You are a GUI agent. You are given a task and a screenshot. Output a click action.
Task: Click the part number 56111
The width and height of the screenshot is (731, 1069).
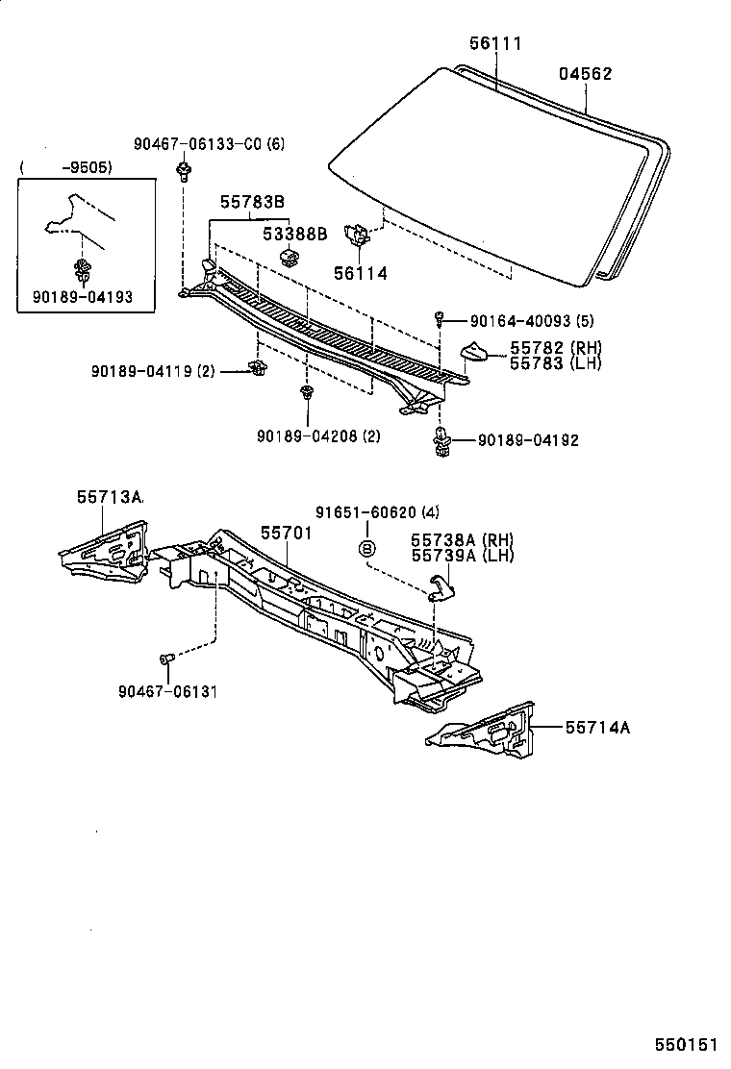pyautogui.click(x=496, y=44)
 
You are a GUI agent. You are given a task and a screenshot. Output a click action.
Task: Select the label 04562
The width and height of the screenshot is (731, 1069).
pyautogui.click(x=586, y=74)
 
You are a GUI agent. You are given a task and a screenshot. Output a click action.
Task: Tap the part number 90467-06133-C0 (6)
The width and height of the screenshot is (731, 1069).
pyautogui.click(x=210, y=143)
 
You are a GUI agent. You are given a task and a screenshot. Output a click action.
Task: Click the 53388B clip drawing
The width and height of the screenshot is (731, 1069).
pyautogui.click(x=288, y=256)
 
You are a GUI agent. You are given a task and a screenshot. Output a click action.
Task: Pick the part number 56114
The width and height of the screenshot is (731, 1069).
pyautogui.click(x=360, y=274)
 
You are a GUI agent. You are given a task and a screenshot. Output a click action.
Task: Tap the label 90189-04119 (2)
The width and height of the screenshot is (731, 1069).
pyautogui.click(x=154, y=370)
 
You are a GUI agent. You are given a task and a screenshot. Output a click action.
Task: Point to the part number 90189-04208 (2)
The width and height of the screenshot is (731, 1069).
pyautogui.click(x=318, y=435)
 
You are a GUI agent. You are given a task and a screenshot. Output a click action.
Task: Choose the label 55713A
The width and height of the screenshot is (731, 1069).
pyautogui.click(x=110, y=497)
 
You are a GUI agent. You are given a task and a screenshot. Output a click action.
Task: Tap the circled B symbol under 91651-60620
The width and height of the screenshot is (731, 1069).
pyautogui.click(x=365, y=548)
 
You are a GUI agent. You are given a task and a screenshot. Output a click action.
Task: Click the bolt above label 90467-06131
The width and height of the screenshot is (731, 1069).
pyautogui.click(x=164, y=659)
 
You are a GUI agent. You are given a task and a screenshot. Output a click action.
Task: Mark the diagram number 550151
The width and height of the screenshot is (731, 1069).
pyautogui.click(x=685, y=1042)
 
